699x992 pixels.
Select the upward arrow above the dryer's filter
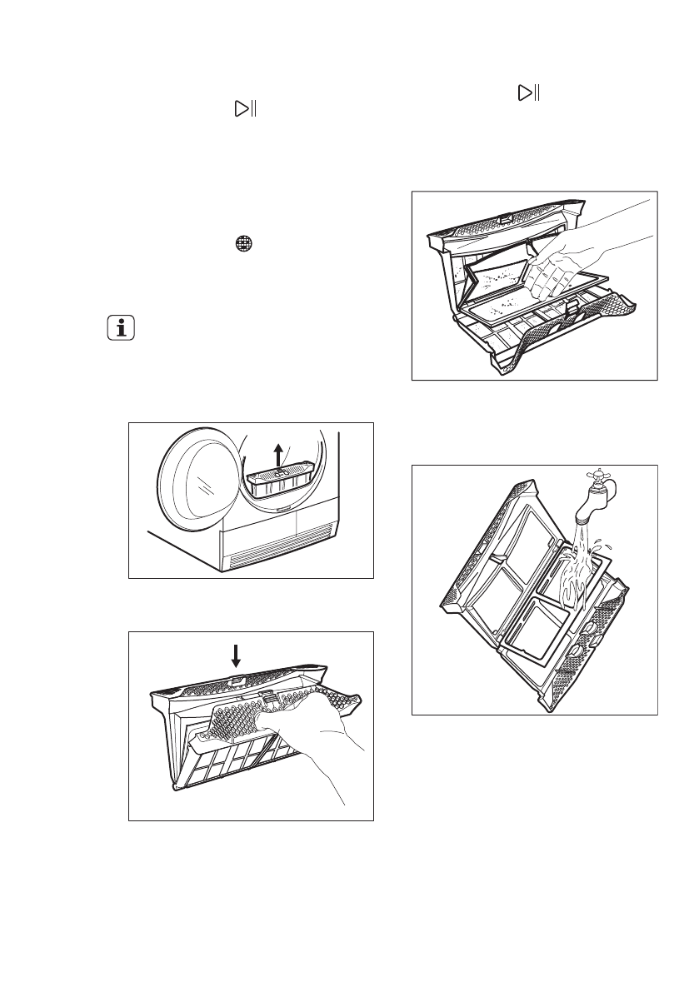279,455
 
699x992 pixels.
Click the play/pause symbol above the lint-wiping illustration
527,93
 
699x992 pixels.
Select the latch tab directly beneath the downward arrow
237,680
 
